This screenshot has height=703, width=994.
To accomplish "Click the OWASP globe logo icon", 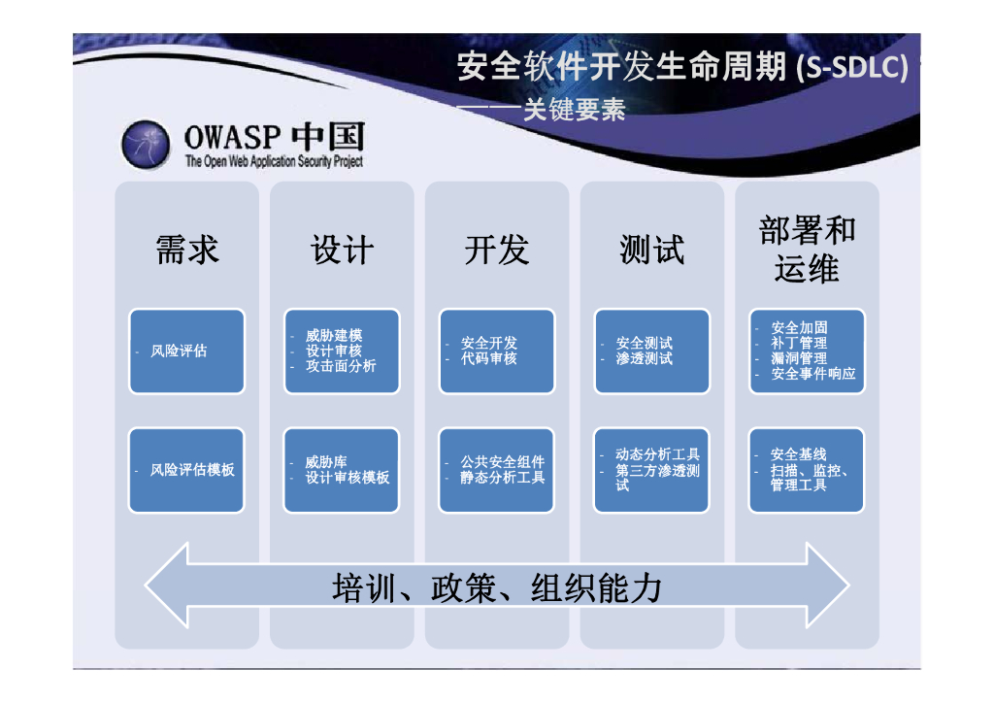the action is click(146, 145).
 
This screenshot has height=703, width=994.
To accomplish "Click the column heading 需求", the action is click(187, 250).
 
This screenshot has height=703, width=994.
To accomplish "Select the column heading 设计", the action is click(342, 250).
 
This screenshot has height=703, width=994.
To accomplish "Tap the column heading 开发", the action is click(497, 250).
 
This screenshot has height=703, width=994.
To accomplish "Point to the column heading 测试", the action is click(652, 250).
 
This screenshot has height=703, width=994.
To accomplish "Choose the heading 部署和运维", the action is click(807, 250).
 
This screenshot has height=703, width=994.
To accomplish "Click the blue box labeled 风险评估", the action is click(186, 351).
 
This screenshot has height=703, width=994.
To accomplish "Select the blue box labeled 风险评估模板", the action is click(186, 470).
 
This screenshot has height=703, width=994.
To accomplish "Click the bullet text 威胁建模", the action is click(334, 335).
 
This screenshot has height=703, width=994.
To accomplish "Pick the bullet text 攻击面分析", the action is click(341, 366).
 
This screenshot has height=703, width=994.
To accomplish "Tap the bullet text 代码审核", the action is click(489, 358).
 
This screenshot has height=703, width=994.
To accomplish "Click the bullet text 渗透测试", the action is click(645, 358).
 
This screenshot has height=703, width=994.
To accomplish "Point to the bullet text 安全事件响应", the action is click(813, 373).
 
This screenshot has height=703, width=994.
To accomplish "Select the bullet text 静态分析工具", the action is click(503, 478).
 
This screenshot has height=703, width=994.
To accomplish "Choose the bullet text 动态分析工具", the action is click(657, 454).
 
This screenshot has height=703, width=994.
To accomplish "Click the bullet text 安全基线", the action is click(799, 454).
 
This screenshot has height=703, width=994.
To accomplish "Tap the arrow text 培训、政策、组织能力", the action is click(497, 587).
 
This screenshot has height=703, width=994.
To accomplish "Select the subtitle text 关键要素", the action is click(575, 110).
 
